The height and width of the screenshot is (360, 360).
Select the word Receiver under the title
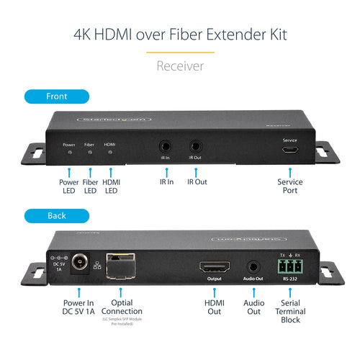tap(179, 66)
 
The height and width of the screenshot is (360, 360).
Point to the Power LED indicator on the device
tap(69, 153)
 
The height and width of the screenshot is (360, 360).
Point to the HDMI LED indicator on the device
tap(110, 153)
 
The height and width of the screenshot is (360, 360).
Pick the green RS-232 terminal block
tap(288, 266)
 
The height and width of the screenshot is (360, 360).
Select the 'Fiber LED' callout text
tap(90, 187)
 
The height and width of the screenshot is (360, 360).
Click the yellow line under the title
tap(179, 51)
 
